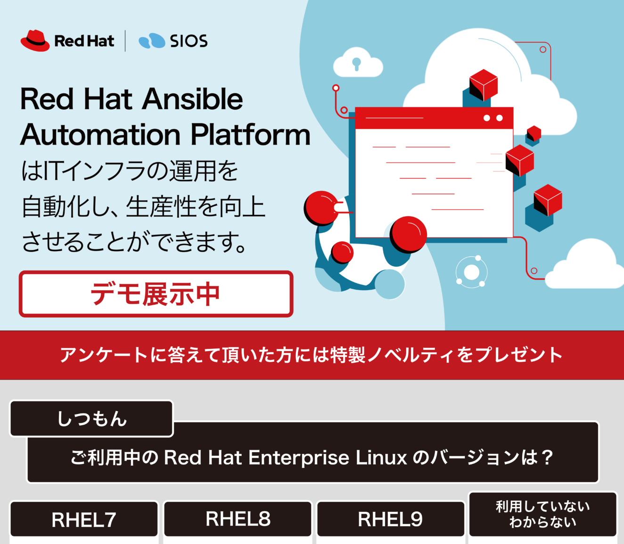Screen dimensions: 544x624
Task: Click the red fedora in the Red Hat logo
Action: coord(34,41)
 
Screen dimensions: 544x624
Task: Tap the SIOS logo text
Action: coord(188,41)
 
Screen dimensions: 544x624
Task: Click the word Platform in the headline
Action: coord(251,135)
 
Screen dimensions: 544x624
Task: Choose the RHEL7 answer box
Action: coord(84,520)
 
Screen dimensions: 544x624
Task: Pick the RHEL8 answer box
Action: coord(238,519)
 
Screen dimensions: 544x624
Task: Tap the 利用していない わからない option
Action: coord(542,514)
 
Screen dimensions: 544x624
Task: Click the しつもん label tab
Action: coord(91,419)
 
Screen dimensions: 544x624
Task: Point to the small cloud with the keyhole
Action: coord(357,63)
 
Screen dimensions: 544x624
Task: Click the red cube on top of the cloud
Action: coord(483,85)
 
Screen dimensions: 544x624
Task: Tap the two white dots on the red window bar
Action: coord(493,118)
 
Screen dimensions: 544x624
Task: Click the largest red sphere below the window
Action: coord(408,234)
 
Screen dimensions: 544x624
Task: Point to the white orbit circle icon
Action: coord(471,272)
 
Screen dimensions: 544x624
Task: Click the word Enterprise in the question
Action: coord(298,457)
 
